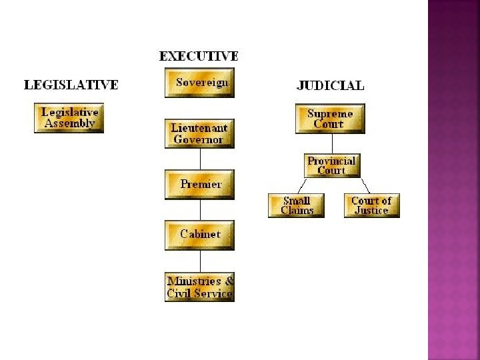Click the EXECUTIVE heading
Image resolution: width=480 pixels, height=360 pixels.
(x=199, y=57)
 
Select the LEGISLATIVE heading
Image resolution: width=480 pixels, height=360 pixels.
(x=71, y=85)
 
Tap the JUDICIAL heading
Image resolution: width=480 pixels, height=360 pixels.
(x=330, y=85)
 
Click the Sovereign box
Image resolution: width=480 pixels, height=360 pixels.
(x=199, y=83)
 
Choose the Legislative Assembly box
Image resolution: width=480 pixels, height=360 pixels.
(x=69, y=118)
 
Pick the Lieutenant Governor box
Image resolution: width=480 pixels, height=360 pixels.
(x=199, y=133)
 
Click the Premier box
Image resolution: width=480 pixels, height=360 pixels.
(x=199, y=185)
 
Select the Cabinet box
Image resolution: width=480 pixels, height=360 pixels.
(x=199, y=235)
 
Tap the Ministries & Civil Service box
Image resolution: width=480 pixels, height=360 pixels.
(x=199, y=287)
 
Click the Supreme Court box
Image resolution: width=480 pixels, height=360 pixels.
(x=330, y=119)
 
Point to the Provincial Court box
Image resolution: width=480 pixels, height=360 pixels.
(x=331, y=165)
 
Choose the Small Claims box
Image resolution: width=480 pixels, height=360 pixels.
(x=296, y=205)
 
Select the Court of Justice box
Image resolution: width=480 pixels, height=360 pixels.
(x=371, y=205)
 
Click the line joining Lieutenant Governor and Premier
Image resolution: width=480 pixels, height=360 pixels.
(x=200, y=159)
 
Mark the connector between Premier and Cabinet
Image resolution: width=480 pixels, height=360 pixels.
(x=200, y=209)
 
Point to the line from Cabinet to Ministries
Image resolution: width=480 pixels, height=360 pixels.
(x=200, y=260)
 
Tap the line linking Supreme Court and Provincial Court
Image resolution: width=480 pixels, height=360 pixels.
(x=331, y=144)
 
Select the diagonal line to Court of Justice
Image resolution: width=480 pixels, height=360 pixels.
(x=365, y=185)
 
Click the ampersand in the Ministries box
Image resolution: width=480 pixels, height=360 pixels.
(x=229, y=281)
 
